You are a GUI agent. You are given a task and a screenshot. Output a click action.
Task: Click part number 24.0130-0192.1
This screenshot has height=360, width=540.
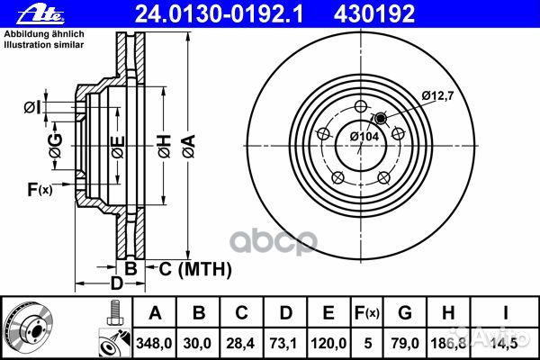point(193,14)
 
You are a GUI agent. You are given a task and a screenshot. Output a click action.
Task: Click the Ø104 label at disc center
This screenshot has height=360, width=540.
point(364,136)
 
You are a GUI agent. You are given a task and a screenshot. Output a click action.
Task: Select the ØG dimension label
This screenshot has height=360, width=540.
point(57,149)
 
